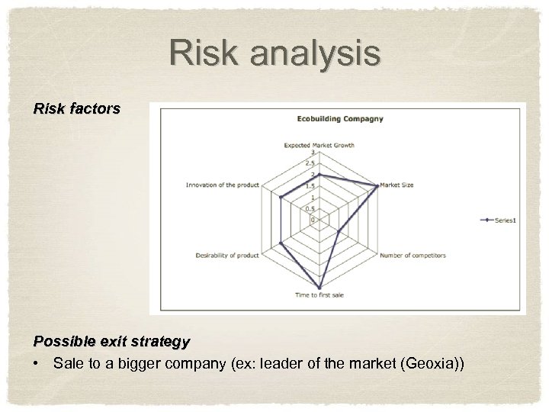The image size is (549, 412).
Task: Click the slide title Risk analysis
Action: (274, 53)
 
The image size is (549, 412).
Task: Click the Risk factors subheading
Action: (77, 109)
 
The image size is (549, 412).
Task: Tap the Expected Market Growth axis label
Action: (319, 145)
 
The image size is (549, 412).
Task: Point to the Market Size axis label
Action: (397, 185)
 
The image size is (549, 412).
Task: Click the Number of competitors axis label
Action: (413, 255)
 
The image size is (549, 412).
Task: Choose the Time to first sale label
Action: (319, 295)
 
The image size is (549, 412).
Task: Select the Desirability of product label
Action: (227, 255)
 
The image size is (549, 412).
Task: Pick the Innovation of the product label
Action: (223, 185)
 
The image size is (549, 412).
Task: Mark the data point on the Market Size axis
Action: (377, 185)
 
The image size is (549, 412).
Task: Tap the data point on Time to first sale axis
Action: (319, 287)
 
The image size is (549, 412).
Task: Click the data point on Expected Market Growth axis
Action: (319, 175)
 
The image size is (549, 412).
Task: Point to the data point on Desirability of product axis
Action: (281, 243)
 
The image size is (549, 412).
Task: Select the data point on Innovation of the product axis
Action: (281, 198)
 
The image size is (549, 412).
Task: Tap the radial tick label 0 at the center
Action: (313, 220)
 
